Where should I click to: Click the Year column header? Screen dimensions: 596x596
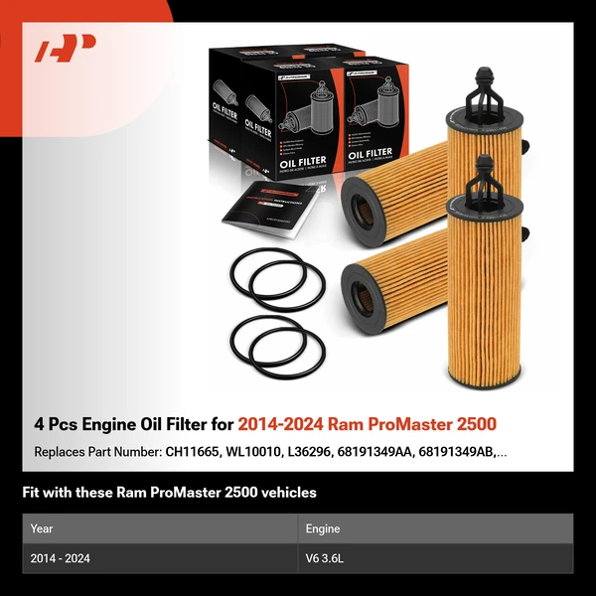pyautogui.click(x=43, y=529)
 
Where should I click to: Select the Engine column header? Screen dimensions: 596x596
pyautogui.click(x=324, y=529)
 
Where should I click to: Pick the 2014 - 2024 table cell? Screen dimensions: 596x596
pyautogui.click(x=61, y=559)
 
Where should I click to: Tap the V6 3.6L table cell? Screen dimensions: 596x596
pyautogui.click(x=328, y=559)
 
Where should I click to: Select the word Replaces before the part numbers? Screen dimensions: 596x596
pyautogui.click(x=62, y=453)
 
